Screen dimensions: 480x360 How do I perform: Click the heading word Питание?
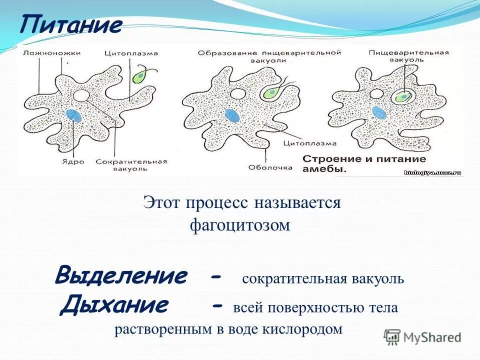pyautogui.click(x=71, y=25)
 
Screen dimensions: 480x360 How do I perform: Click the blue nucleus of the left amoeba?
pyautogui.click(x=74, y=115)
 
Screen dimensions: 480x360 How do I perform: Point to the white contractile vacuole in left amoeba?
pyautogui.click(x=81, y=95)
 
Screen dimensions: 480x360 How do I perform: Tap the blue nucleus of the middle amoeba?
pyautogui.click(x=231, y=115)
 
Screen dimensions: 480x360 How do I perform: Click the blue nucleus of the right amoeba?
pyautogui.click(x=379, y=112)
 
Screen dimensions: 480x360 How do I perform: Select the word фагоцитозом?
pyautogui.click(x=240, y=225)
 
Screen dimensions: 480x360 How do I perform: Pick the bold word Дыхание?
pyautogui.click(x=114, y=304)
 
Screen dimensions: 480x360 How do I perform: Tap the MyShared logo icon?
pyautogui.click(x=392, y=336)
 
